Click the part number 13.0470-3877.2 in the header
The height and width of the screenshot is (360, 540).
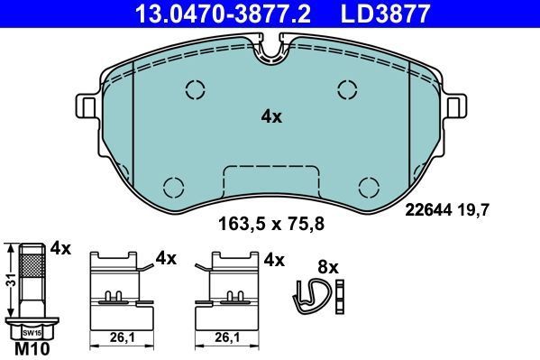point(223,14)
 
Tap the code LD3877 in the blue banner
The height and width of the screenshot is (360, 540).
point(385,14)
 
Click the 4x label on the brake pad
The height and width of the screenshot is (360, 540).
point(271,117)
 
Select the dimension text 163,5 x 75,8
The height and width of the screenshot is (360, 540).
point(271,224)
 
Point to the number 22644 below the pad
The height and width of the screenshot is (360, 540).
point(428,209)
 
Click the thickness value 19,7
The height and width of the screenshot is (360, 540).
point(473,209)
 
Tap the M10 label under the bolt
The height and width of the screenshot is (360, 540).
point(32,349)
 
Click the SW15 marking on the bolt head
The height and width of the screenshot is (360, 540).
point(32,333)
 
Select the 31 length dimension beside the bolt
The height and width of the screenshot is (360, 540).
point(11,280)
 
